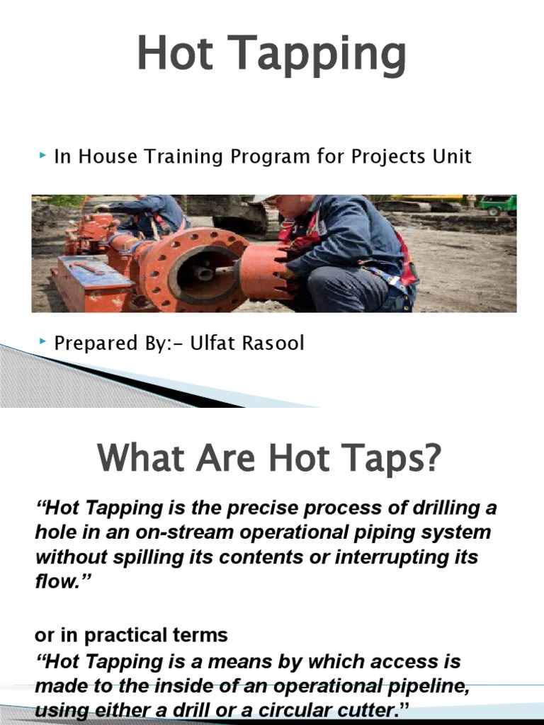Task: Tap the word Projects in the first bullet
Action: [387, 156]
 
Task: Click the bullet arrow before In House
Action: [43, 155]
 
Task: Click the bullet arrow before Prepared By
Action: [43, 343]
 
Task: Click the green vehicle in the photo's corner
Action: [498, 205]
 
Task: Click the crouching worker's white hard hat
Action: [263, 199]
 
